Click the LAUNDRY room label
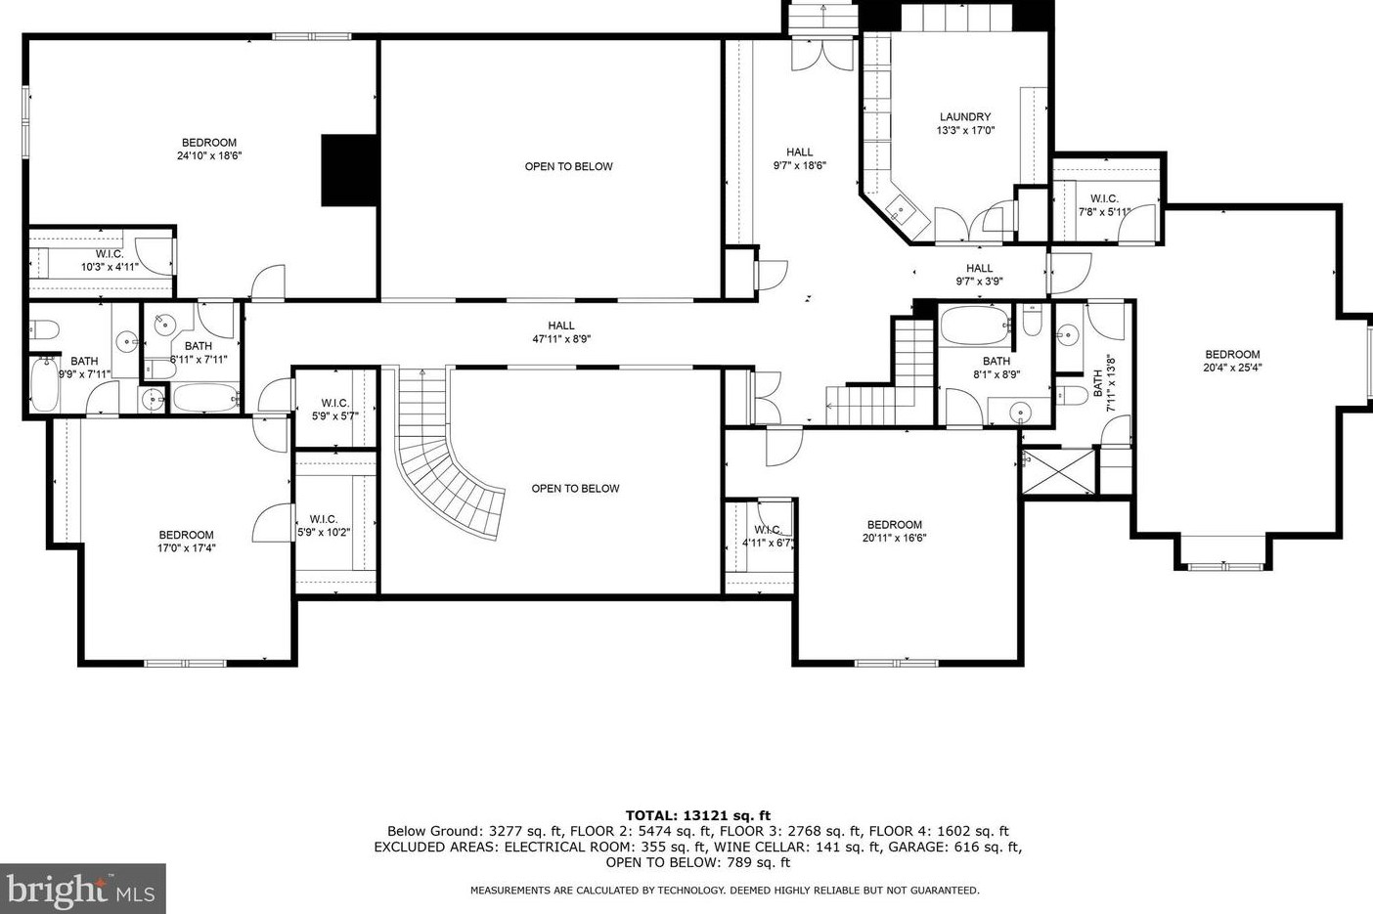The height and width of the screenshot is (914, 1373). pos(965,116)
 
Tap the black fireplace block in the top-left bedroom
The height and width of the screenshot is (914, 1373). pos(349,170)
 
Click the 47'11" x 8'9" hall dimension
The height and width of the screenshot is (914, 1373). pos(561,339)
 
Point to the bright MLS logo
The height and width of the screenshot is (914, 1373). pos(82,889)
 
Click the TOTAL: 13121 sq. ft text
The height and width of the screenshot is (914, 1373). pos(697,815)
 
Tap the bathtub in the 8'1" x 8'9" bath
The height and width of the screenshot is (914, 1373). pos(975,326)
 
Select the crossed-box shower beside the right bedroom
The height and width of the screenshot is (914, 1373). pos(1057,470)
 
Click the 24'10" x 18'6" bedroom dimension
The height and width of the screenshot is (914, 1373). pos(209,155)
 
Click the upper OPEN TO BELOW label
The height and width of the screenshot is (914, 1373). pos(569,166)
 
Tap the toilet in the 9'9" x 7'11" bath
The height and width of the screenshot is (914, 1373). pos(44,330)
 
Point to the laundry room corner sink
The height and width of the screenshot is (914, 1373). pos(900,209)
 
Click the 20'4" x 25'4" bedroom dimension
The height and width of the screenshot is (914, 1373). pos(1232,368)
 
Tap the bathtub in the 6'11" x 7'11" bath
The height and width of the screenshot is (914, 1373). pos(205,398)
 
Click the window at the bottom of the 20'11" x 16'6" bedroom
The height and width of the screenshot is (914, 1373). pos(897,663)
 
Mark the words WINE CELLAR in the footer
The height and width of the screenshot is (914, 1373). pos(722,848)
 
